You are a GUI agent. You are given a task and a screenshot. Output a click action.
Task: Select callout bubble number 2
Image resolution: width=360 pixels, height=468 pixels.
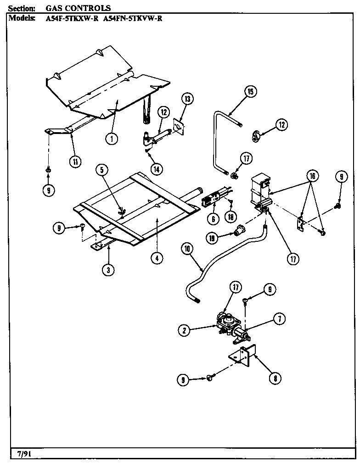[184, 329]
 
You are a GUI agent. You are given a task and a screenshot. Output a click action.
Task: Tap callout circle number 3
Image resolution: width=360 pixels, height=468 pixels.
[108, 270]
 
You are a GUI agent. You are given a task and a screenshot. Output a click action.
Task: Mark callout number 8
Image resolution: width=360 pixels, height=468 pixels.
[274, 379]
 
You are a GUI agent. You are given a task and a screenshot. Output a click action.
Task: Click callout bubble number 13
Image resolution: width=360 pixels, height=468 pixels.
[187, 99]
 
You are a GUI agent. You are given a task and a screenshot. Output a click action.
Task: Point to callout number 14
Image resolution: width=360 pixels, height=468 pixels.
[157, 169]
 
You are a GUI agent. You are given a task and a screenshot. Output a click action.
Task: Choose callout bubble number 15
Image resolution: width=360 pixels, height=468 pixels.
[250, 92]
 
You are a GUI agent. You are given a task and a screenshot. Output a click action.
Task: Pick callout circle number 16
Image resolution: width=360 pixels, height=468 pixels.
[312, 176]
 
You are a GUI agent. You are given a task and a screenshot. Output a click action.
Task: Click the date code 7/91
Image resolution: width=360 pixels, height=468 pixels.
[21, 454]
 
